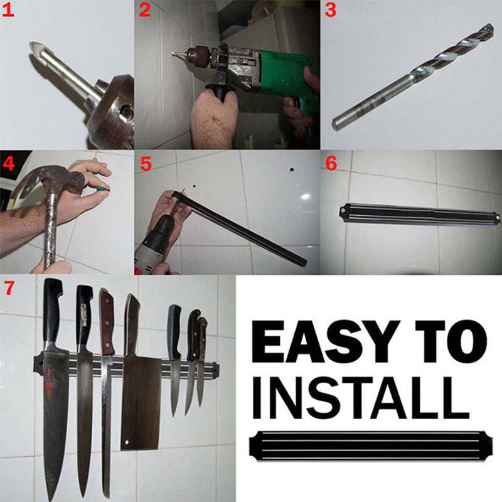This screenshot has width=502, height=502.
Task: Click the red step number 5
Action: (146, 164)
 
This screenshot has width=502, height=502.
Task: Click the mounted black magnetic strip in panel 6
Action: (420, 214)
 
